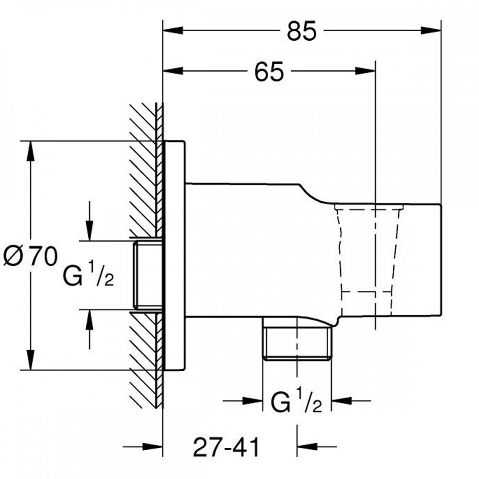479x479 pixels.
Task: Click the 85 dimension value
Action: [x=301, y=31]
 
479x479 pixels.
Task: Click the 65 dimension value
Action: [x=269, y=71]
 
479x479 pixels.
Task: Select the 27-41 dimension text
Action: [x=226, y=446]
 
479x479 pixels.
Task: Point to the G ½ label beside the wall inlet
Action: [x=88, y=275]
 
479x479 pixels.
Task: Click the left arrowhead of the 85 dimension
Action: [x=173, y=30]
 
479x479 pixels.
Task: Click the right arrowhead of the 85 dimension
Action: [x=431, y=30]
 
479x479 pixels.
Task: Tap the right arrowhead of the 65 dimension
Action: [x=365, y=71]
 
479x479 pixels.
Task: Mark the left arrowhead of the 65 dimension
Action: [x=173, y=71]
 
